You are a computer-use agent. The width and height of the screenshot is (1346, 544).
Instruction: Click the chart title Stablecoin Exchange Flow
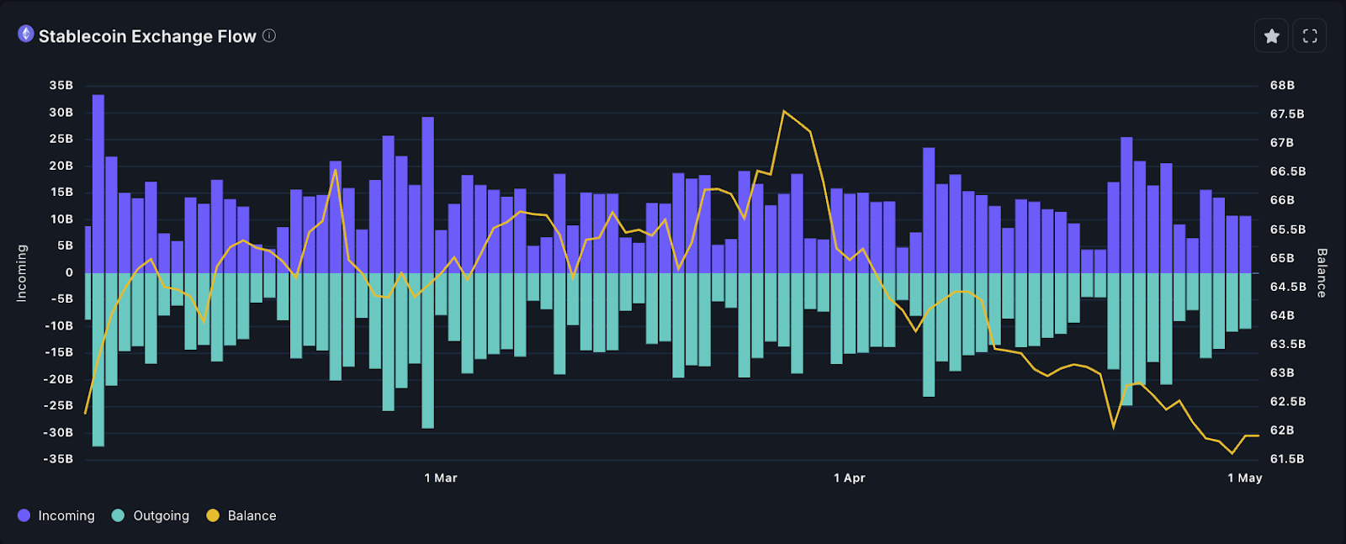tap(147, 36)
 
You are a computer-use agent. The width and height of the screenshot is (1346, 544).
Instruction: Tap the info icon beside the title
tap(269, 35)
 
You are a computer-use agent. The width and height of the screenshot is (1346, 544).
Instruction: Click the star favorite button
tap(1271, 36)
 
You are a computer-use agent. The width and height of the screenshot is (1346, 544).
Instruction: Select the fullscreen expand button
tap(1310, 36)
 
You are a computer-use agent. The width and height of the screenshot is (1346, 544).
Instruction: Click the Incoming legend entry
tap(56, 515)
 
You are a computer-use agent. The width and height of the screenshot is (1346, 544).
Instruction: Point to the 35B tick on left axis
tap(61, 85)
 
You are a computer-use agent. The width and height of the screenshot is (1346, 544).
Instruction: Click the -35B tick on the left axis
tap(59, 459)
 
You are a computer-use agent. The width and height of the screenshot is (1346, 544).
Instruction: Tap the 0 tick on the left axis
tap(69, 272)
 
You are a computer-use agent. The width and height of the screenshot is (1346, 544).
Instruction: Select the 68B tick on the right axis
tap(1282, 85)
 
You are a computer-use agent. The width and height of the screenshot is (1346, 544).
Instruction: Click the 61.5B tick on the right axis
tap(1287, 459)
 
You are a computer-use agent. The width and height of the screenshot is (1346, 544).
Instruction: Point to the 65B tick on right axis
tap(1282, 258)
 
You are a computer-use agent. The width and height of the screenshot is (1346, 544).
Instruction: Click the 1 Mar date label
tap(441, 478)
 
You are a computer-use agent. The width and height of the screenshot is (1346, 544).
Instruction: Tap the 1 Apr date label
tap(849, 478)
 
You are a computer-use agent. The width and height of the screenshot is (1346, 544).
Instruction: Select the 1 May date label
tap(1244, 478)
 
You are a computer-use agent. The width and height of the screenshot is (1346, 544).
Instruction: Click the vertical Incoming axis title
tap(22, 273)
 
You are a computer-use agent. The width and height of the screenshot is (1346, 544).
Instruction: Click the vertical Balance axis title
tap(1322, 273)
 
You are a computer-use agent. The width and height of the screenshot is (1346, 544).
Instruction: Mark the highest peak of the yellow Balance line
tap(784, 111)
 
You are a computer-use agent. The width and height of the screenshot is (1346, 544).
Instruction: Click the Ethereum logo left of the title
tap(26, 34)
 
